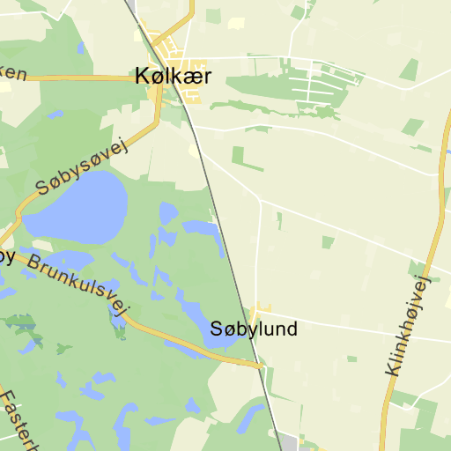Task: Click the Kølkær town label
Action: tap(173, 77)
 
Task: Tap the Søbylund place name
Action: tap(254, 329)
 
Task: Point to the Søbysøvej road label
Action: tap(82, 167)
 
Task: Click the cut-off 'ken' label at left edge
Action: tap(12, 72)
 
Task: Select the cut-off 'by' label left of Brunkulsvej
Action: tap(6, 256)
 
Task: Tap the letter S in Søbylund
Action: tap(217, 329)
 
